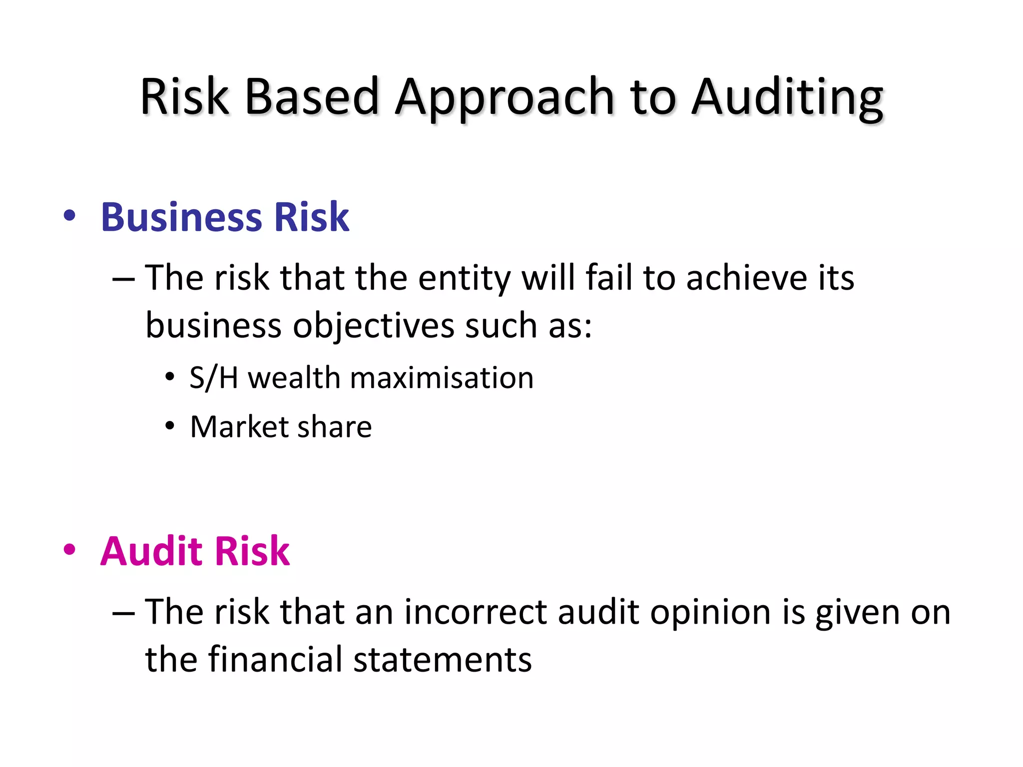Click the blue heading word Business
181,218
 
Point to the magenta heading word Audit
150,551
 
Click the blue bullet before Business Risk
70,216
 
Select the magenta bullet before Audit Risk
70,550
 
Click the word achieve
746,278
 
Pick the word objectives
373,326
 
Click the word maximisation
442,378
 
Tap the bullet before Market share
170,427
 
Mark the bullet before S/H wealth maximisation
170,377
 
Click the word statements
443,660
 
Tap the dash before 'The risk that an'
123,613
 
